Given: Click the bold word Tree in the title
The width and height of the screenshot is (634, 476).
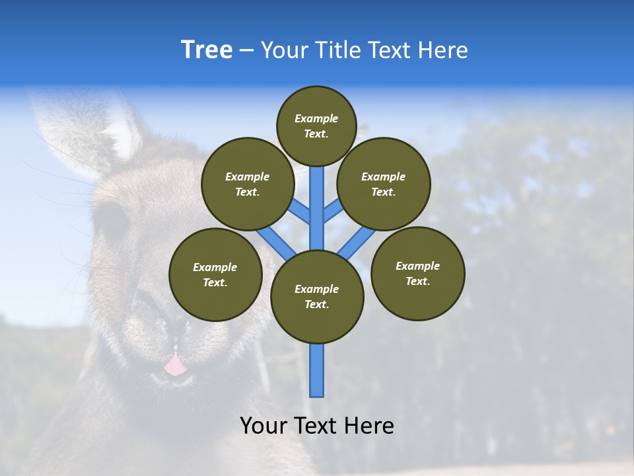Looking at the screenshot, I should (x=207, y=50).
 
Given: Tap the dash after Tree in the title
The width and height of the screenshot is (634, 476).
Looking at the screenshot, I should (x=246, y=51).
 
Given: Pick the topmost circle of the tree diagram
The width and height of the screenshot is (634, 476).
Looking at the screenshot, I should (x=316, y=126).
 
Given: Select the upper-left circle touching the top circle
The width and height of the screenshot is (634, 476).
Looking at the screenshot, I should (x=248, y=184).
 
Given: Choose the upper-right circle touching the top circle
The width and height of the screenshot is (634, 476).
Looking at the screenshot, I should (x=384, y=184).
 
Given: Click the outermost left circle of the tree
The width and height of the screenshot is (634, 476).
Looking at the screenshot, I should (x=215, y=274).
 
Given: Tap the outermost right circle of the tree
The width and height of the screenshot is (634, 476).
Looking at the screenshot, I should (x=417, y=273).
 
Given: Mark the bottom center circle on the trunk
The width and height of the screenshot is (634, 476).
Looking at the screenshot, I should (x=317, y=296).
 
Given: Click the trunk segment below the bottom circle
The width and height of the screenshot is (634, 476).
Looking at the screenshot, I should (x=317, y=370).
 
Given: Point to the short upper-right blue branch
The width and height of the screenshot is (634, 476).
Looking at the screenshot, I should (x=333, y=212).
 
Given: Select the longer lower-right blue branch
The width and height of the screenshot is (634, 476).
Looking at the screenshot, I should (x=357, y=243).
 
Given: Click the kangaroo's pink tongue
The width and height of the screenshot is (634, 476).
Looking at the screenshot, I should (x=175, y=365).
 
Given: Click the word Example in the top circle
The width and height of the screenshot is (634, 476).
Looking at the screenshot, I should (x=316, y=118).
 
